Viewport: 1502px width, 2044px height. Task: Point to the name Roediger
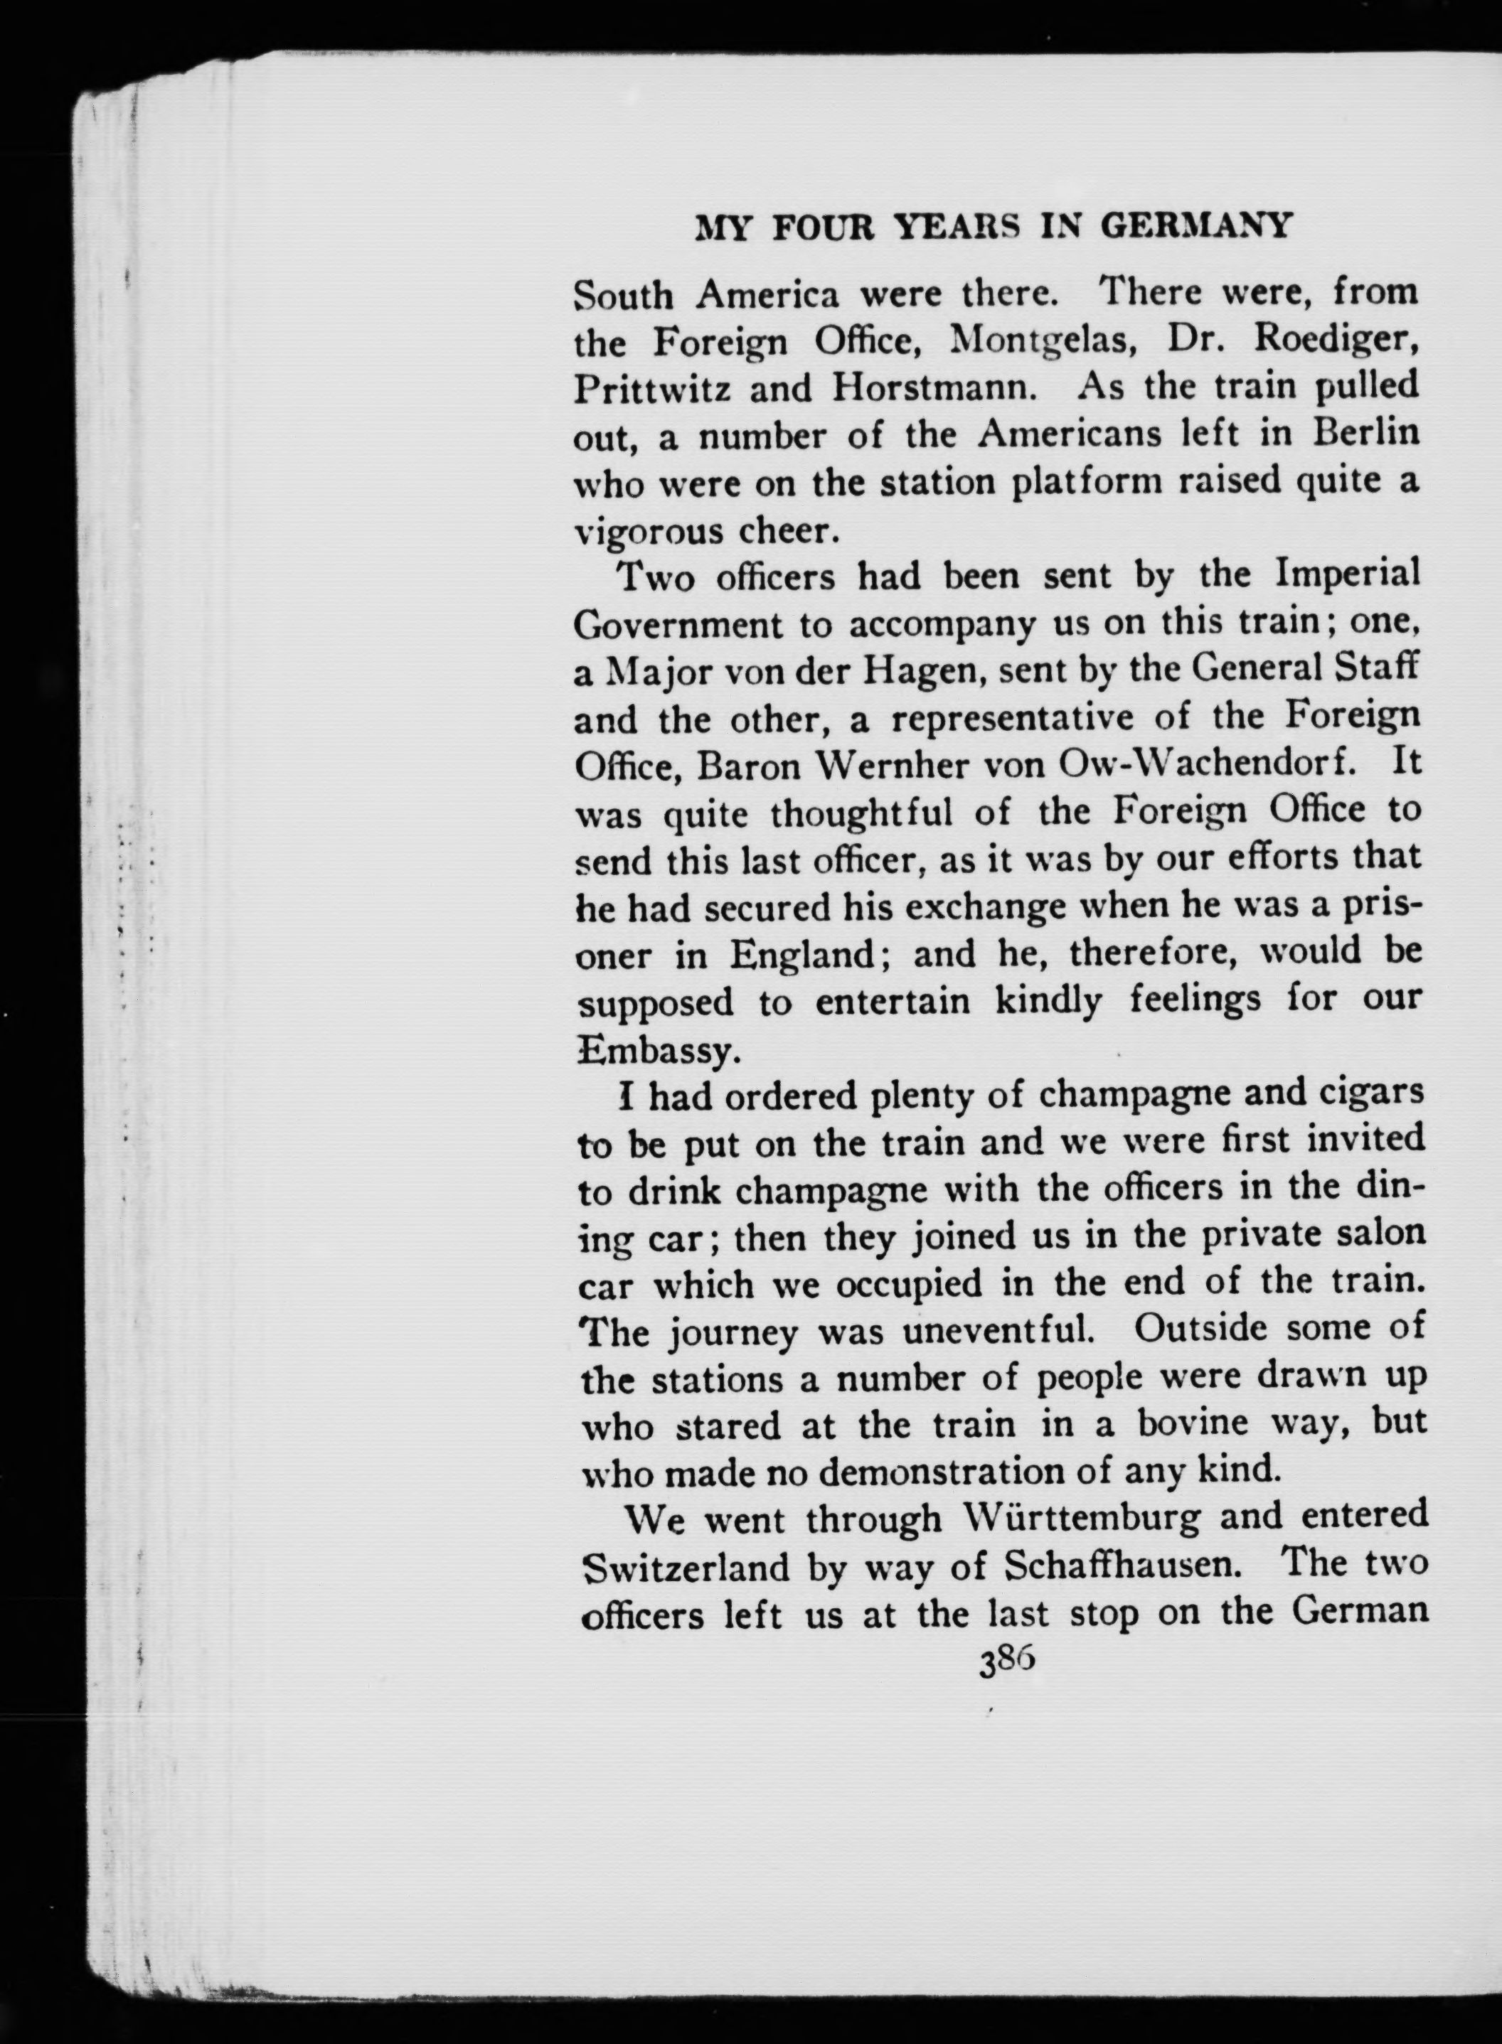point(1333,343)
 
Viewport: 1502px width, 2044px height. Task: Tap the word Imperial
point(1348,576)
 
